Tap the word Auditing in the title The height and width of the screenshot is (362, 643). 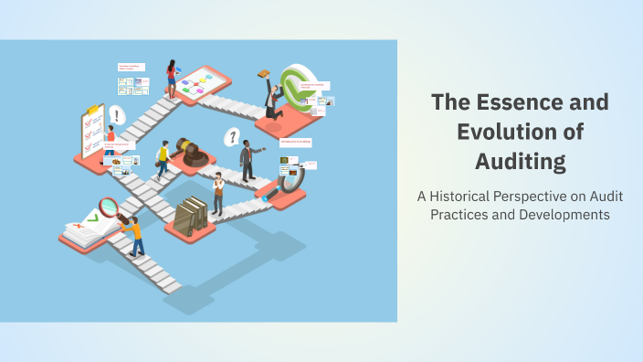(x=520, y=161)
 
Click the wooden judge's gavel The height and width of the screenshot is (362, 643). (x=190, y=151)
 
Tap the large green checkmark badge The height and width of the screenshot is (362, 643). (x=296, y=88)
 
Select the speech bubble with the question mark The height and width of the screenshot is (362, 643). (x=232, y=137)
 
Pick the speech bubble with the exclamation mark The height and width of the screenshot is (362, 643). (x=116, y=115)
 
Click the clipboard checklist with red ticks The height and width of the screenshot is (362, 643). (x=91, y=133)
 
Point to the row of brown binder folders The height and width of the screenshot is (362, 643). (x=190, y=216)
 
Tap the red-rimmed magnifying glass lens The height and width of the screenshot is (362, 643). (x=109, y=207)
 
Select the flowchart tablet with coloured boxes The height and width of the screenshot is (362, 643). (x=199, y=86)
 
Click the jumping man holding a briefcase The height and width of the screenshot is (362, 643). (x=270, y=96)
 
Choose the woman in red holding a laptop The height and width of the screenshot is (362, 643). (x=171, y=78)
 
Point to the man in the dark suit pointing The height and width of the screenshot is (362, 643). (x=247, y=161)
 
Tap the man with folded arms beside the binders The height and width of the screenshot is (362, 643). (x=217, y=193)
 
